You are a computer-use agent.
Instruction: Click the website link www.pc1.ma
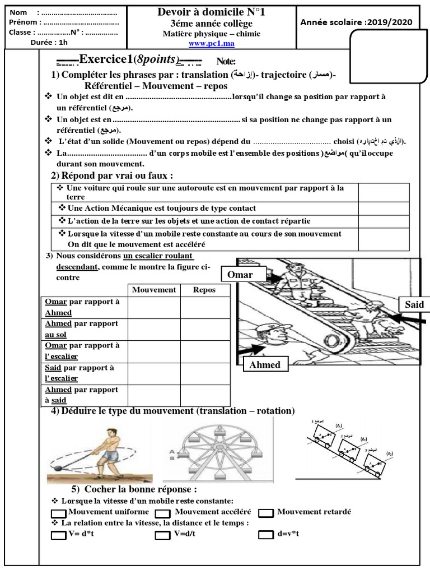[x=211, y=43]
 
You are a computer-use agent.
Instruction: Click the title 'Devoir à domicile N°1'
[x=211, y=12]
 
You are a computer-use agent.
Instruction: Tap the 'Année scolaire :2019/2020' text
[x=356, y=22]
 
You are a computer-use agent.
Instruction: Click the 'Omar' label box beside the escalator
[x=239, y=274]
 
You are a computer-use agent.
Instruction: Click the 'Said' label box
[x=411, y=304]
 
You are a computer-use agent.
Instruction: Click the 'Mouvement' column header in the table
[x=154, y=290]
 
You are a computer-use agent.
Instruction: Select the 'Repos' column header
[x=204, y=290]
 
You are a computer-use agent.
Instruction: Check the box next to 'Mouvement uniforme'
[x=58, y=513]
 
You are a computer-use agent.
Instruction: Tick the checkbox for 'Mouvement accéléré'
[x=162, y=513]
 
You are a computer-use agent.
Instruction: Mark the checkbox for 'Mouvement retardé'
[x=266, y=513]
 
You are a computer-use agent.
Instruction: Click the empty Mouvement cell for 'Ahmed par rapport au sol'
[x=154, y=329]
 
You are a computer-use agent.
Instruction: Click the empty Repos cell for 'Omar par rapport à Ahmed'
[x=204, y=307]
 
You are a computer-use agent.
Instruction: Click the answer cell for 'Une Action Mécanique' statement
[x=384, y=209]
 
